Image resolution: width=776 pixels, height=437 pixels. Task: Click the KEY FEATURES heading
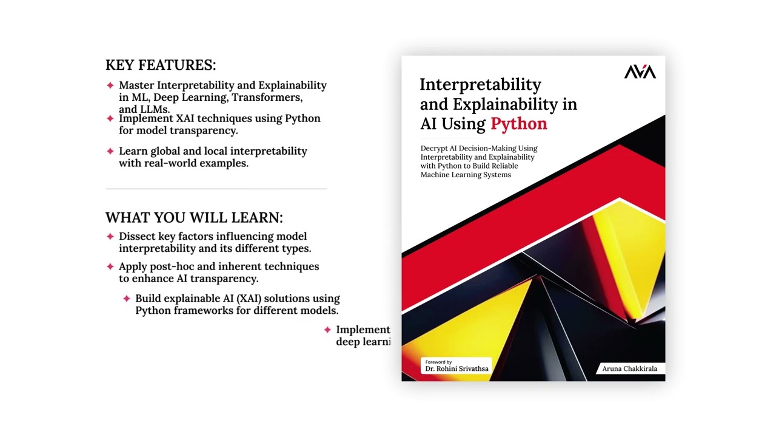[161, 65]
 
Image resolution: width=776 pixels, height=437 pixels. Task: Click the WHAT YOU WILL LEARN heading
[194, 217]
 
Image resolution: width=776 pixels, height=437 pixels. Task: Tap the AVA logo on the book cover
[640, 72]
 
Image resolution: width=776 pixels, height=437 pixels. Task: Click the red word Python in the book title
[518, 124]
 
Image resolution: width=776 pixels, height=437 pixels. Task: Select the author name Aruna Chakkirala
[629, 368]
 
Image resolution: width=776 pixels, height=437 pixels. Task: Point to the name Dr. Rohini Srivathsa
[457, 368]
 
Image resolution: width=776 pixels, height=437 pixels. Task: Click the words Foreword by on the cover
[438, 362]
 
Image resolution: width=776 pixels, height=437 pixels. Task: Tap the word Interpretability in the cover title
[480, 84]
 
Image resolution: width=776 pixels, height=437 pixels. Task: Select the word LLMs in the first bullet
[154, 109]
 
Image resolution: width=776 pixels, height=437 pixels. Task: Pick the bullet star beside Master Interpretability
[110, 85]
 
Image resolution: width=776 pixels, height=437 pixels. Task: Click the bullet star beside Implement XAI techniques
[110, 118]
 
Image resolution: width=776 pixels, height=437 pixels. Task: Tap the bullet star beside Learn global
[110, 151]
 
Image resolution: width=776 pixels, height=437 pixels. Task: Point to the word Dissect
[137, 236]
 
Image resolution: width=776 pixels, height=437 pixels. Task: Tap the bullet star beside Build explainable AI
[126, 299]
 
